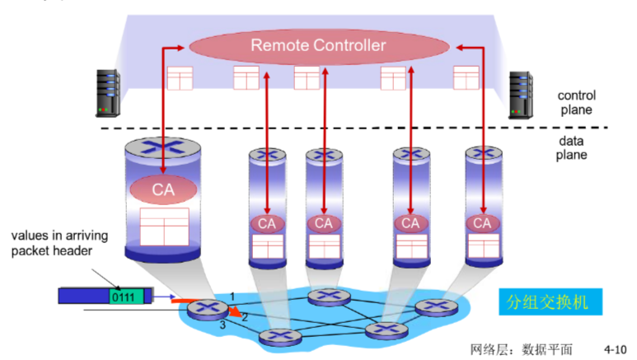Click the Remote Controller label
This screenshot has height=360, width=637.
pos(318,45)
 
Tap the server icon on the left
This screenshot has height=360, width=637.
pos(110,91)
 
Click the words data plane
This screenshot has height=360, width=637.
pos(572,148)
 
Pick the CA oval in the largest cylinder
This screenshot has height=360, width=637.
pos(163,189)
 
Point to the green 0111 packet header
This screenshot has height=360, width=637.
pos(124,296)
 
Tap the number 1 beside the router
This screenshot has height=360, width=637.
pos(232,295)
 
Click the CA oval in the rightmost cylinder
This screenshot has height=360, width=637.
pos(481,222)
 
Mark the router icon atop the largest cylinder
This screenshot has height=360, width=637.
pos(162,148)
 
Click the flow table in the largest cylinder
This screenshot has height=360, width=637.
pos(164,226)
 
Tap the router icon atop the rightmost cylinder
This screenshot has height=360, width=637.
pos(481,153)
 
